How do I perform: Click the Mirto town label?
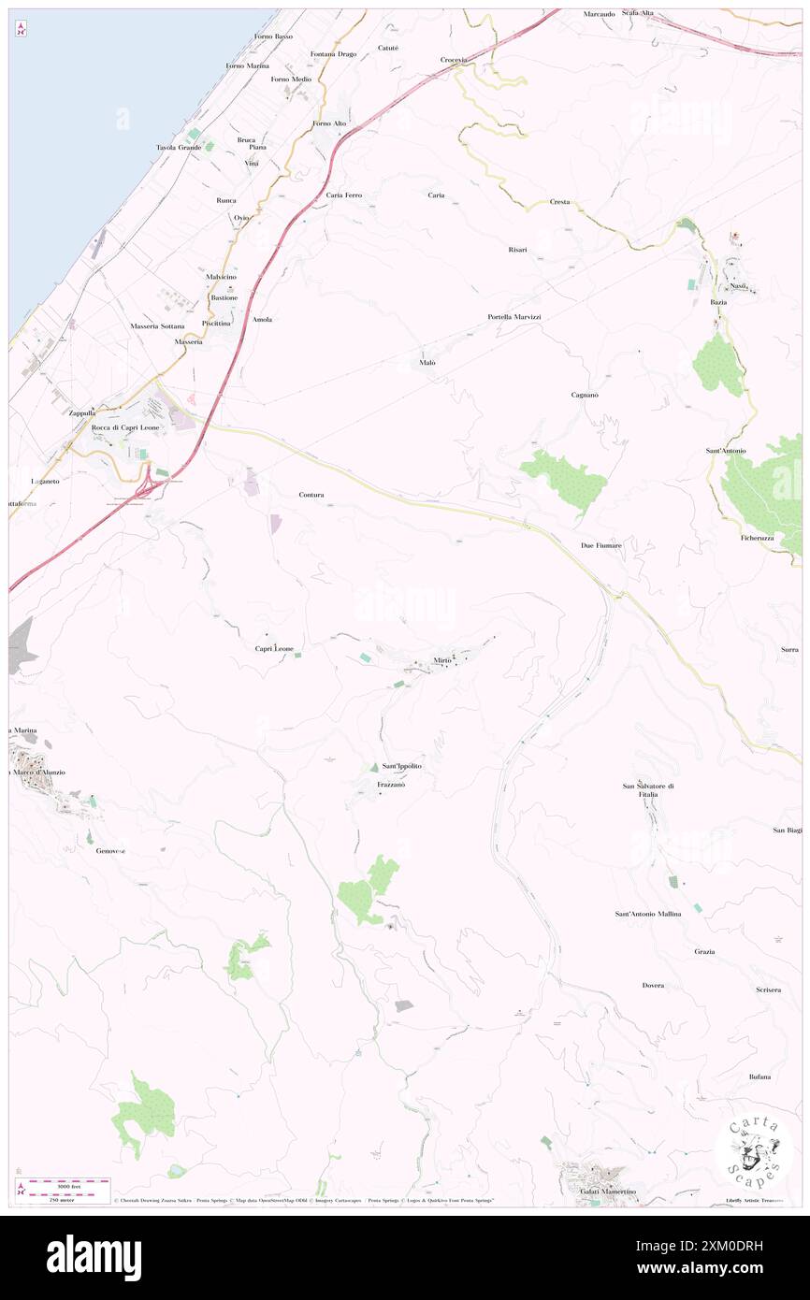click(442, 661)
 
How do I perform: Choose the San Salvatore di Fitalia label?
click(648, 790)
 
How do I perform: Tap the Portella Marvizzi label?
click(514, 317)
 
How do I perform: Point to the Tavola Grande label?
click(178, 148)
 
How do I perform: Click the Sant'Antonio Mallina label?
click(647, 913)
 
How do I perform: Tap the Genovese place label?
click(110, 851)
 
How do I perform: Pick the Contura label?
click(311, 494)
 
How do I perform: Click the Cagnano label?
click(585, 395)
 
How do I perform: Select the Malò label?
click(427, 362)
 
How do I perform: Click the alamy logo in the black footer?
click(94, 1257)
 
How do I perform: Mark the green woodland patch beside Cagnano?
click(566, 479)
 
